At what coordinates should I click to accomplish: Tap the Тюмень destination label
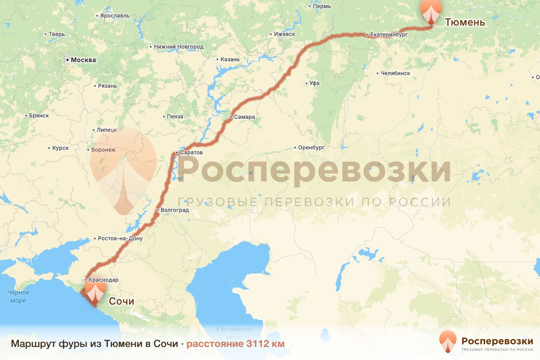465,22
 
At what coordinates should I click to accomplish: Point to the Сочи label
121,301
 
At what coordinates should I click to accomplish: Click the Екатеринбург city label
389,34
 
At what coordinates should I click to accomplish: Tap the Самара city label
244,117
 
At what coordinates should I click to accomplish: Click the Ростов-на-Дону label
120,238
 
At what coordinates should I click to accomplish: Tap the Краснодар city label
103,280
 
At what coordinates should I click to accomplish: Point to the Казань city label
230,59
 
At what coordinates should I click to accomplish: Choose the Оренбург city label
311,147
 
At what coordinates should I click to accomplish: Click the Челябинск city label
395,73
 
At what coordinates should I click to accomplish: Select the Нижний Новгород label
179,47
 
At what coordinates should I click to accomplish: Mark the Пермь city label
322,6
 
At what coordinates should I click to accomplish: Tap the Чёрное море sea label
18,297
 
